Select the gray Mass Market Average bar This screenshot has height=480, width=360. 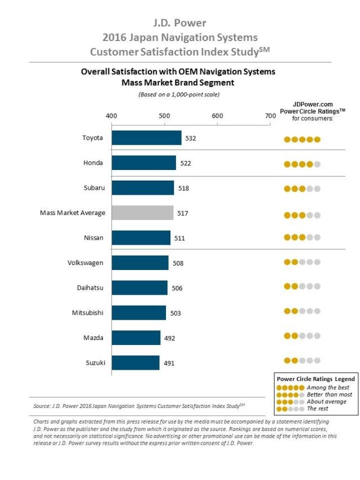(x=142, y=213)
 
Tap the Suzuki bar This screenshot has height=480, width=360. (x=136, y=363)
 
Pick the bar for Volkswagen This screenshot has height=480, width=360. (x=140, y=263)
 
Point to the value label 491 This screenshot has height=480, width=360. (x=169, y=364)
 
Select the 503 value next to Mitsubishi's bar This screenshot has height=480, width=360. (x=175, y=313)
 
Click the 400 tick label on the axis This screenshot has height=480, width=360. (x=111, y=116)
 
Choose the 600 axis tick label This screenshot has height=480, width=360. (x=217, y=116)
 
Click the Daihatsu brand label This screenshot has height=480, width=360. (x=89, y=288)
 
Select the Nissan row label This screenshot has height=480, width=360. (x=93, y=237)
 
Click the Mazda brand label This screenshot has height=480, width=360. (x=93, y=338)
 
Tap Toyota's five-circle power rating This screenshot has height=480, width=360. (x=302, y=139)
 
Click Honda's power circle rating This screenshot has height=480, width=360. (x=302, y=164)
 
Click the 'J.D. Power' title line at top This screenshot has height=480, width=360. (x=179, y=23)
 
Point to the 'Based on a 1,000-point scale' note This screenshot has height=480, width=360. (x=179, y=94)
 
